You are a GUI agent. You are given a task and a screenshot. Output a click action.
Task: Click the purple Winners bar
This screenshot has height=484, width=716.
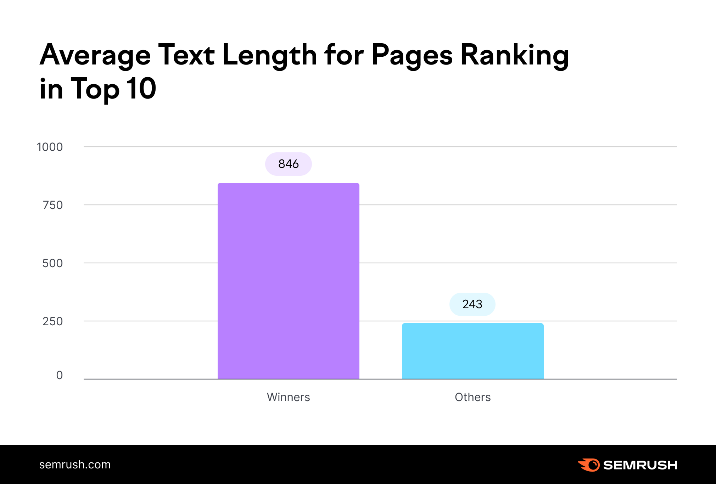click(288, 281)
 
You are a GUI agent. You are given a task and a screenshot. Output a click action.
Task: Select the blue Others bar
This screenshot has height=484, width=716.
click(472, 351)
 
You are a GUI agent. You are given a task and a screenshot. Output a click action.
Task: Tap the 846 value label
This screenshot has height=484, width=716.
click(288, 164)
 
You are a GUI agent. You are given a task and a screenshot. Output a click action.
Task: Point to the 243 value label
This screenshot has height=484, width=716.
click(472, 304)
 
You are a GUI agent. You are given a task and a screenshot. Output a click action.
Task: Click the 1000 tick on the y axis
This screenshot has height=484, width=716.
click(50, 147)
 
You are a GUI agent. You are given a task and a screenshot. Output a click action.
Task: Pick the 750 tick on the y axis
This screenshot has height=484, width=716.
click(52, 205)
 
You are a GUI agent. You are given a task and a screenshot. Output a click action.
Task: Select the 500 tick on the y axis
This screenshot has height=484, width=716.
click(52, 263)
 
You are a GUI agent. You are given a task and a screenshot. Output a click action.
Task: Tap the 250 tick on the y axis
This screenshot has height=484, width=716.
click(52, 321)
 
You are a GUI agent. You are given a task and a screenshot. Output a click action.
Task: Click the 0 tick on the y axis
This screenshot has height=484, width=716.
click(60, 375)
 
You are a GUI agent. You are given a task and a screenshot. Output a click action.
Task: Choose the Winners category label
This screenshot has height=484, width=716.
click(288, 397)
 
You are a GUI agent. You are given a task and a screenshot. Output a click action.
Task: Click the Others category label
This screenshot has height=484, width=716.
click(472, 397)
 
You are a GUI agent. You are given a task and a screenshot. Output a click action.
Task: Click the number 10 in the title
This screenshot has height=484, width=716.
click(141, 89)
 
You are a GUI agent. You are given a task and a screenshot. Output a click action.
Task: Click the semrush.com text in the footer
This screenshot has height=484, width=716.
click(75, 465)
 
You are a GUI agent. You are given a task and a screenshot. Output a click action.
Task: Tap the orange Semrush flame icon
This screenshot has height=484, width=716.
click(589, 465)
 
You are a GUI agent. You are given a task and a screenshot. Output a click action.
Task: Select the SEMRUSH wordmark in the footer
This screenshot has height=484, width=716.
click(640, 465)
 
